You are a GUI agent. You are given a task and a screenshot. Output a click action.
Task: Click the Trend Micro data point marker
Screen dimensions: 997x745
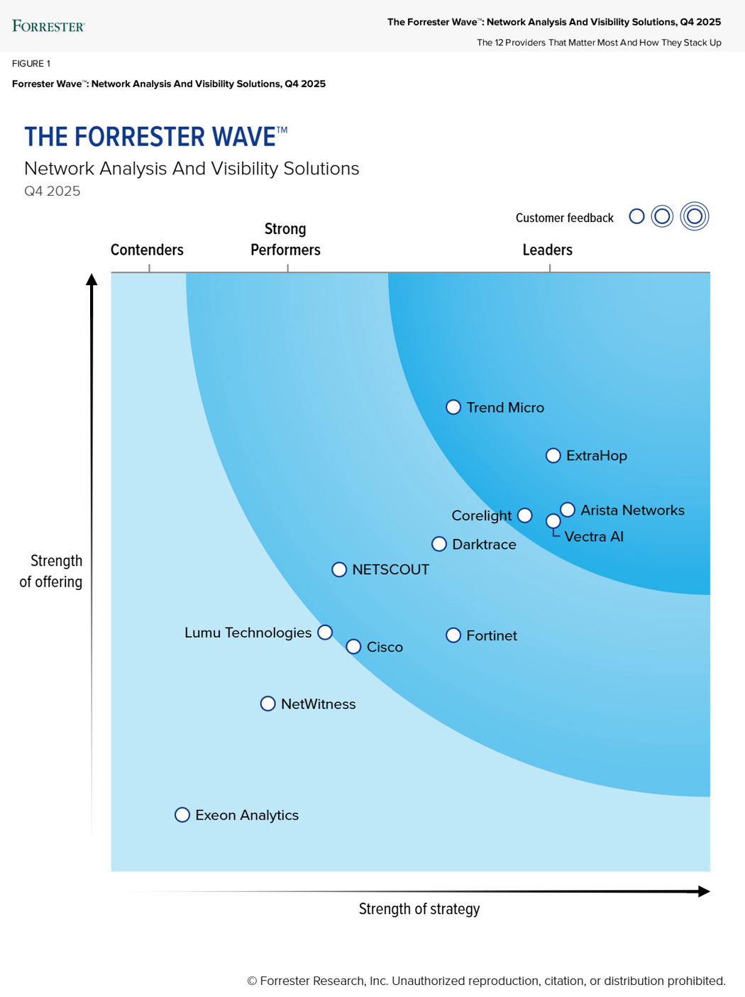[453, 407]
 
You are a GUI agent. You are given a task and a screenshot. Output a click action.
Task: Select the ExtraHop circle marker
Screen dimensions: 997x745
[553, 455]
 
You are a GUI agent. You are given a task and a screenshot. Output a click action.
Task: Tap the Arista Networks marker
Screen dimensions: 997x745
[568, 510]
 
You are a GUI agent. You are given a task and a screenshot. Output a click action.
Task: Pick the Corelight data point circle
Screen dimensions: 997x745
[525, 516]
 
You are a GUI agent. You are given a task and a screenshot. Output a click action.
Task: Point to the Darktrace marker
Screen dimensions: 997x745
[439, 544]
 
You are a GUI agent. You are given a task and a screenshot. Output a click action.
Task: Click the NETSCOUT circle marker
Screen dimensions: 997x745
[339, 569]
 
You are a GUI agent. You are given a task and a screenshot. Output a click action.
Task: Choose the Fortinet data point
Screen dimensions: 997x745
[453, 635]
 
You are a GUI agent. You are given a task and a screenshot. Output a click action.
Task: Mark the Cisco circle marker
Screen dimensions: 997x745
[353, 647]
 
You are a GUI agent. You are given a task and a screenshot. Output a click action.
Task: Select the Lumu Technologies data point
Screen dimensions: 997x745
[325, 632]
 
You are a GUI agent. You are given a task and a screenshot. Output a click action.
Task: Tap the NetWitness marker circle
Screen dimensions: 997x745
[267, 703]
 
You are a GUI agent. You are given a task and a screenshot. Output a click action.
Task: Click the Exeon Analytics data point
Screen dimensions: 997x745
[182, 815]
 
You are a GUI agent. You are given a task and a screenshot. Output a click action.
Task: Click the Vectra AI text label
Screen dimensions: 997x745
[594, 537]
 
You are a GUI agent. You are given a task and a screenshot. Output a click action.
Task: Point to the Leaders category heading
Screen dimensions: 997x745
[547, 250]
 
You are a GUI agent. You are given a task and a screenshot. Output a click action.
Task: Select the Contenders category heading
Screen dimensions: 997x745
[147, 250]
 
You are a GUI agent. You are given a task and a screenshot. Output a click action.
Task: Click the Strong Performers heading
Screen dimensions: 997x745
[285, 240]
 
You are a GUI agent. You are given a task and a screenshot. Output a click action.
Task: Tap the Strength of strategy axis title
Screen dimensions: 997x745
[419, 909]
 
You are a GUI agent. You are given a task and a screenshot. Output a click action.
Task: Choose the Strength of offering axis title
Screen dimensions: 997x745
[51, 572]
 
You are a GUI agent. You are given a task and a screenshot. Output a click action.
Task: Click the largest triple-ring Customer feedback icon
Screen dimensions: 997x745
[695, 216]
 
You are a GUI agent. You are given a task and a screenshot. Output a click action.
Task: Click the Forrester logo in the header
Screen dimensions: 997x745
[48, 26]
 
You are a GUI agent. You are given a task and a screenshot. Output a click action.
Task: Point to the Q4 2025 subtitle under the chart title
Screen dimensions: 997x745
[53, 191]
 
